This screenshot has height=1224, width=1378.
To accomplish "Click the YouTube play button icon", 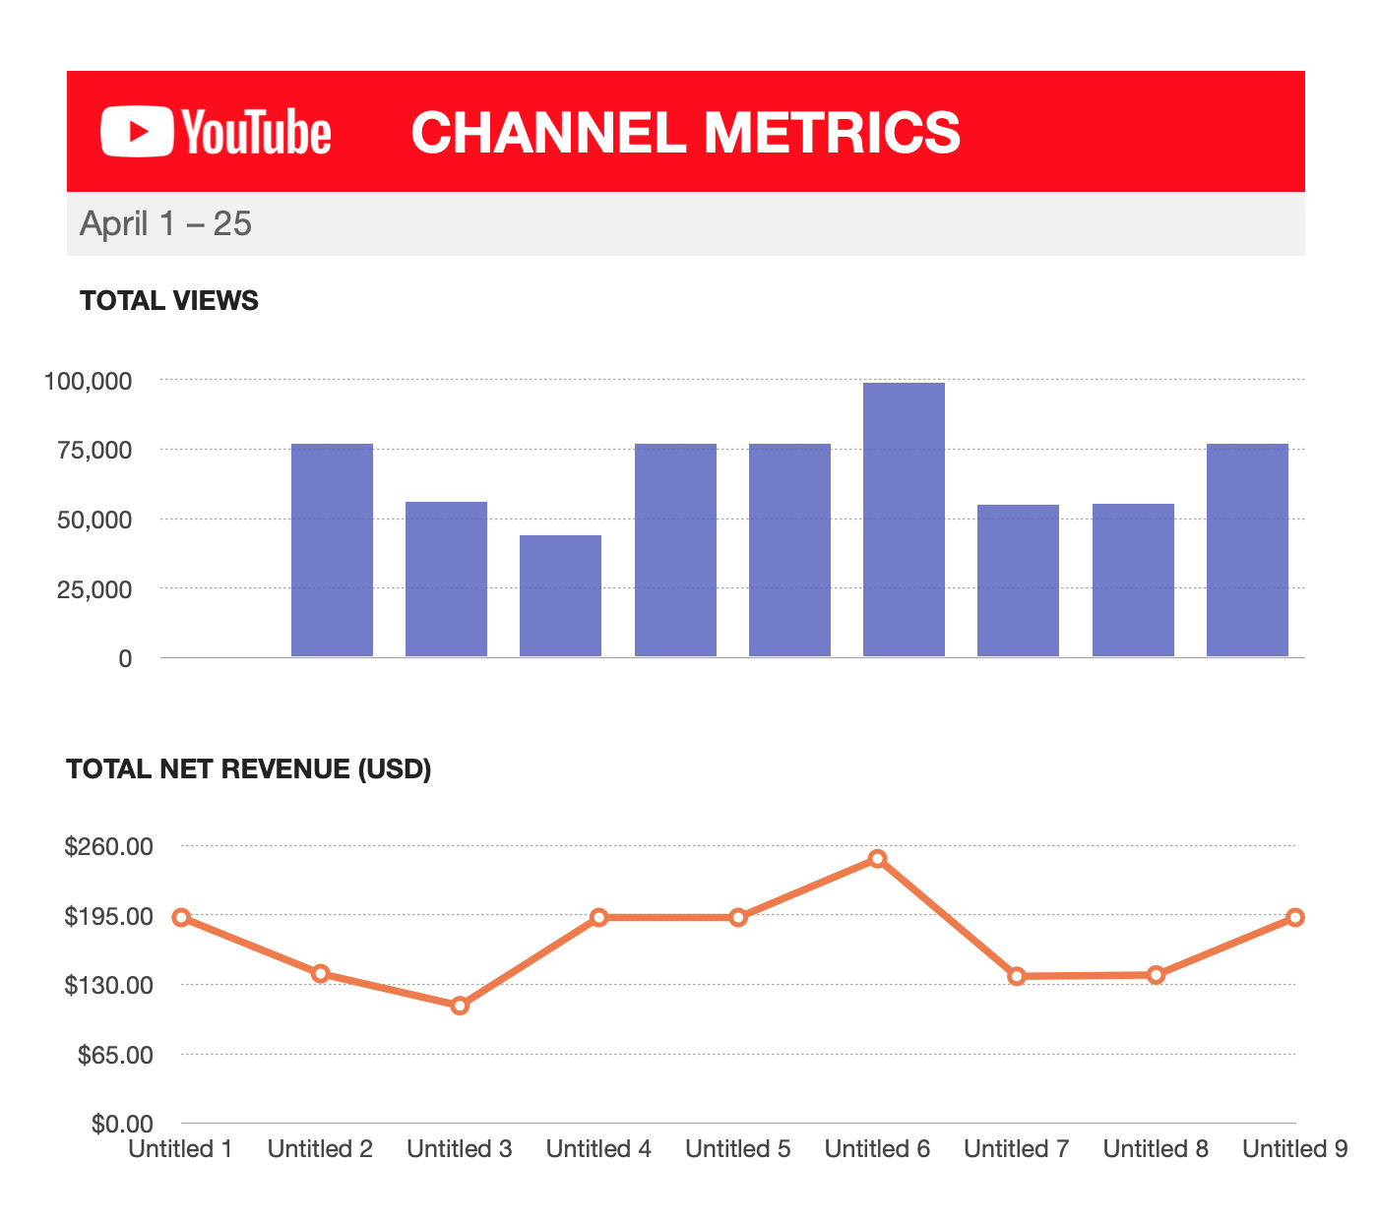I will [137, 132].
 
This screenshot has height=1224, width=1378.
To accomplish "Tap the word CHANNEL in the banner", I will [546, 133].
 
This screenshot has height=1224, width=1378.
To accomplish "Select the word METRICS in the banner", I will [832, 133].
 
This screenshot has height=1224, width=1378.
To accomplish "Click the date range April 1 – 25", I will [165, 224].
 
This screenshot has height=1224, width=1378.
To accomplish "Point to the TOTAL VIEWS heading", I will [168, 301].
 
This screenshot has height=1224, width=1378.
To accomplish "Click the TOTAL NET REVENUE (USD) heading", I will [248, 769].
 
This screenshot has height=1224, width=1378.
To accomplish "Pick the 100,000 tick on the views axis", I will [89, 381].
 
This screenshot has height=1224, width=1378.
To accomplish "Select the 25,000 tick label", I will [94, 589].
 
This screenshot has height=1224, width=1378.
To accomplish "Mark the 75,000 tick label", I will [94, 451].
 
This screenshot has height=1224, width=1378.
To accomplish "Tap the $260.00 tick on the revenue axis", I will [108, 847].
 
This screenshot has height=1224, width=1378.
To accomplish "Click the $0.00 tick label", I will [122, 1124].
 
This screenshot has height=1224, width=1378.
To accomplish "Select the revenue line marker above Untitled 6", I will [877, 859].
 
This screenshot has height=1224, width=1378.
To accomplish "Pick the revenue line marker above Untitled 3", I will [460, 1006].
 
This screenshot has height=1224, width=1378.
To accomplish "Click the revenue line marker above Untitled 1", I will [181, 918].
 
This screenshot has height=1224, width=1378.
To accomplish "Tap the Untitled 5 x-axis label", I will [737, 1149].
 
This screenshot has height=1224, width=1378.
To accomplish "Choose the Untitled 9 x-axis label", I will [1294, 1149].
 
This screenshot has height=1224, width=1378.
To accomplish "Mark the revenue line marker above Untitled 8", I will [1156, 975].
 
